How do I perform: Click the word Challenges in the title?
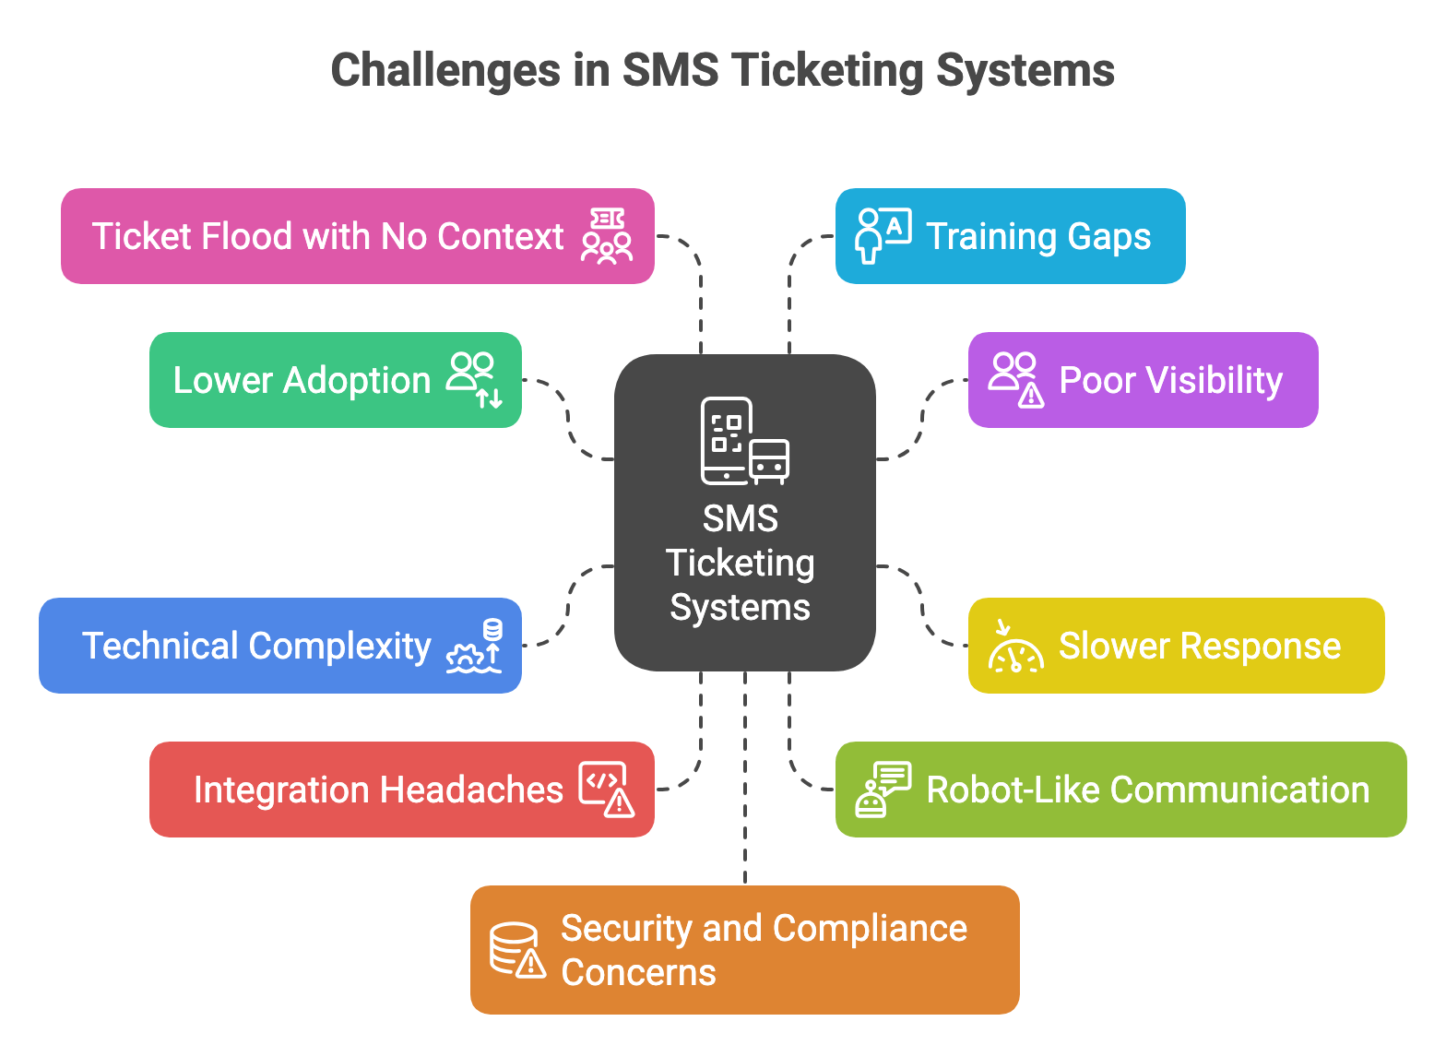445,71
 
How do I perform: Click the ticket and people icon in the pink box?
607,236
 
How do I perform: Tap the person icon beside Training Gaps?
883,236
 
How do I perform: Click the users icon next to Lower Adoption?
475,380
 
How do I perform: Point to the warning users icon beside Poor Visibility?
1016,379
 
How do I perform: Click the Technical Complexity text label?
256,646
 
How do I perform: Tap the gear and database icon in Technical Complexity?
475,646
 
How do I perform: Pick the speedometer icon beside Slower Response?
1015,646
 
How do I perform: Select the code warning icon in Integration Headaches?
607,789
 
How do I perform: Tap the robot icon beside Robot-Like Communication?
883,789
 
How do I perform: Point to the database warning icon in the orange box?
517,949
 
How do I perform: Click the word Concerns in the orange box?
638,972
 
